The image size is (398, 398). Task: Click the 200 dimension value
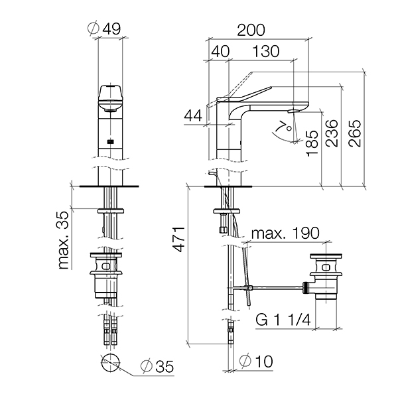(251, 30)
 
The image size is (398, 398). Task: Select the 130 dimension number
(266, 51)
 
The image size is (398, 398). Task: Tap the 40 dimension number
(220, 51)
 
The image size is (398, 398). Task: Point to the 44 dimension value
(193, 115)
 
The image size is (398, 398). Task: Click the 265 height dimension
(355, 133)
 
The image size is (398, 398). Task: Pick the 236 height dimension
(332, 133)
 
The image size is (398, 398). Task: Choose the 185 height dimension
(312, 143)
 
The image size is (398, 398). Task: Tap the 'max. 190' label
(285, 233)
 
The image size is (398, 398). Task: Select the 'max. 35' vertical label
(63, 240)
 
